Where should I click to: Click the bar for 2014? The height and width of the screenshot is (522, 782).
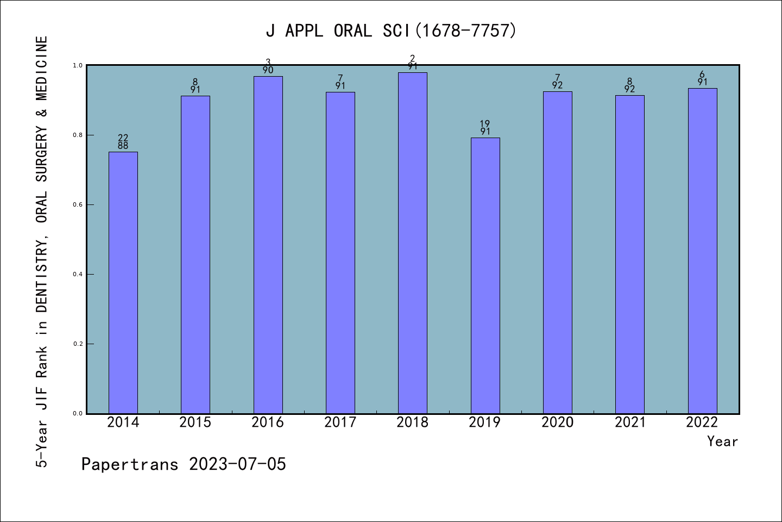coord(123,283)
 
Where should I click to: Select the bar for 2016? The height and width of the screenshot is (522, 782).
coord(268,245)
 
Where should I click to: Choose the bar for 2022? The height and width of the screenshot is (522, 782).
coord(702,251)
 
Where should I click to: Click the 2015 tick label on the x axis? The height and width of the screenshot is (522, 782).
coord(195,422)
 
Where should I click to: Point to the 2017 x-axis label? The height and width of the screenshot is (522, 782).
coord(340,422)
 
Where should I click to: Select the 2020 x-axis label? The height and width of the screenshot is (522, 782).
coord(557,422)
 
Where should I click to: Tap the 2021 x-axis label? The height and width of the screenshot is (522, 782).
coord(630,422)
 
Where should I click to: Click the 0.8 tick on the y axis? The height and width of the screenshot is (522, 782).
coord(78,135)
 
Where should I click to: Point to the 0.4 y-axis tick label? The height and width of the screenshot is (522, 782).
coord(78,275)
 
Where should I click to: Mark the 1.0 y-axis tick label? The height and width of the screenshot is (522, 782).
coord(78,66)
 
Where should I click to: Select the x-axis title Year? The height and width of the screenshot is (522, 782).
coord(722,442)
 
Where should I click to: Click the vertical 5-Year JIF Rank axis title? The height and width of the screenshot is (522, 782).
coord(42,251)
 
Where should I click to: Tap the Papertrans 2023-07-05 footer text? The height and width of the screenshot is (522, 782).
coord(184,464)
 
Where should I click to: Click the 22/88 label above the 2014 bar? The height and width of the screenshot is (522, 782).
coord(123,142)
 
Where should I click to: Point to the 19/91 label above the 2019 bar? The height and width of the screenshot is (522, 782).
coord(485,128)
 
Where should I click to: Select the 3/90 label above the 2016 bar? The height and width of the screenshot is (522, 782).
coord(268,66)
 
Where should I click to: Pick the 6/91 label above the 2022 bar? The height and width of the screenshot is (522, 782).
coord(702,78)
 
